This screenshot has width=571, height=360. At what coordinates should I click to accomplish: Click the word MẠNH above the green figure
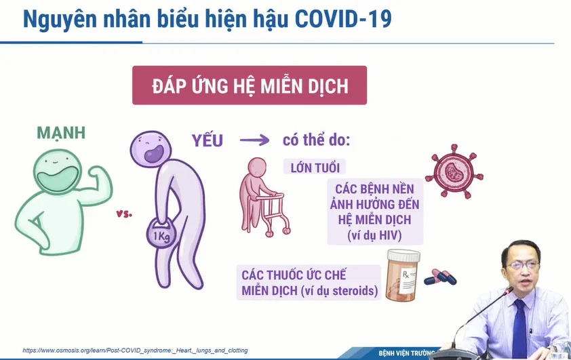[x=61, y=134]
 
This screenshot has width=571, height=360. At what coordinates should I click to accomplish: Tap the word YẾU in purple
[x=208, y=140]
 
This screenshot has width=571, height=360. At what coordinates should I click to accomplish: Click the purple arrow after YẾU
[x=254, y=140]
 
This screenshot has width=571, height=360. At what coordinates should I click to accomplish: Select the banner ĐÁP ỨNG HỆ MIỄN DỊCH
[x=250, y=85]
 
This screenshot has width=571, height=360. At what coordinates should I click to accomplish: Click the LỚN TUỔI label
[x=315, y=168]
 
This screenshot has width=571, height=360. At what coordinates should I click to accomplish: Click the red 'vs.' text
[x=124, y=214]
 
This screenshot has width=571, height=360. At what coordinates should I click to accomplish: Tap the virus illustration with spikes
[x=454, y=172]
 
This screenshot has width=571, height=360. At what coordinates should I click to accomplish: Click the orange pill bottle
[x=402, y=275]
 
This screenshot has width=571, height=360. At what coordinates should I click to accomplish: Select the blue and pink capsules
[x=440, y=277]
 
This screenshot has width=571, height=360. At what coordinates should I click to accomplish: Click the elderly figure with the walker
[x=264, y=197]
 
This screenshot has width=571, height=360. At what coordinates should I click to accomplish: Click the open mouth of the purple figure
[x=154, y=153]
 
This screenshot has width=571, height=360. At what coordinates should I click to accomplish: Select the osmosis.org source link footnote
[x=135, y=351]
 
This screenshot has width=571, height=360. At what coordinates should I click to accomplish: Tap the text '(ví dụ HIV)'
[x=375, y=235]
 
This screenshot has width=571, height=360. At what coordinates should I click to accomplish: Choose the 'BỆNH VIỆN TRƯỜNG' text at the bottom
[x=407, y=353]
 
